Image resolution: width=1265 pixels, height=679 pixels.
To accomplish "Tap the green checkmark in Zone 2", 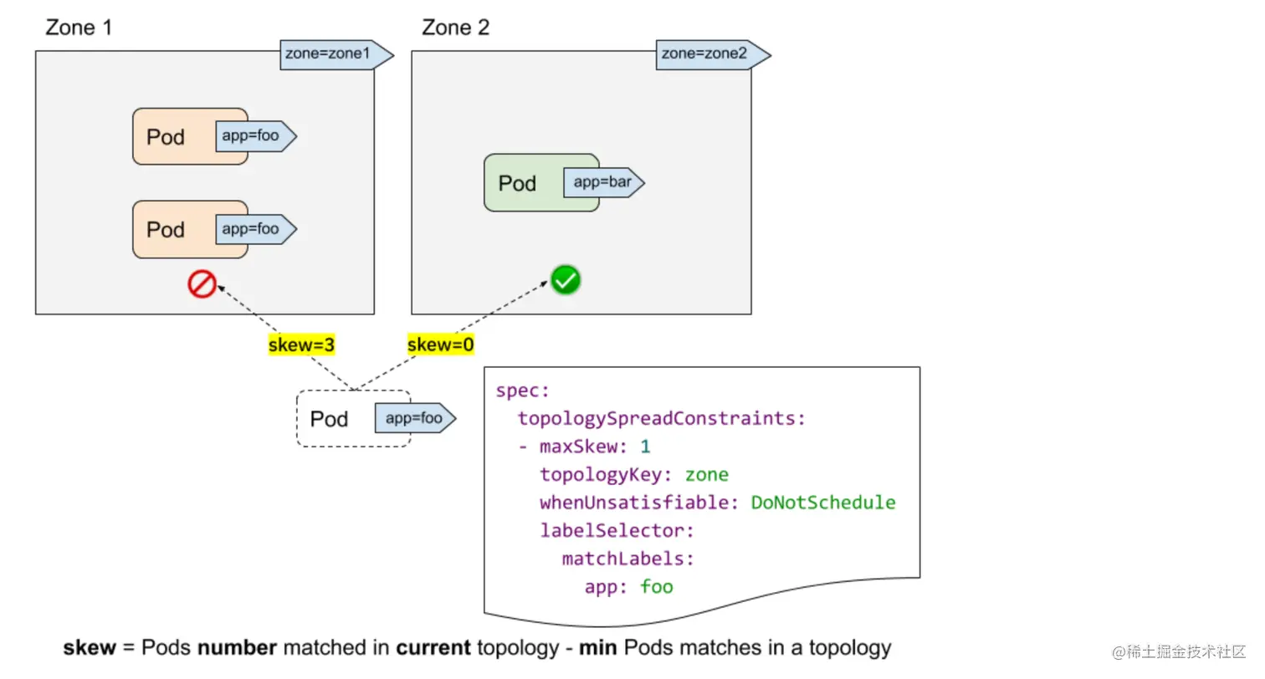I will [566, 281].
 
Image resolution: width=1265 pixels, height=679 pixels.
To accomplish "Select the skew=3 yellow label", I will [302, 345].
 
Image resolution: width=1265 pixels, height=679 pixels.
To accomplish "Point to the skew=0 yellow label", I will [441, 345].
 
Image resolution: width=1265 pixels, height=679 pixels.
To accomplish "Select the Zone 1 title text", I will [79, 28].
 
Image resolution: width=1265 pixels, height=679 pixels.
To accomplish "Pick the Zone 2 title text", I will [456, 28].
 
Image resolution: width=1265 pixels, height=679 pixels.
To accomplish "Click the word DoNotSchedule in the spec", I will [823, 503].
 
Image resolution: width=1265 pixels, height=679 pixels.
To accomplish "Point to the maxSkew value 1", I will [645, 447].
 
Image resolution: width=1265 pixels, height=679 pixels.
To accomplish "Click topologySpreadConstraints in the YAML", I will [662, 419].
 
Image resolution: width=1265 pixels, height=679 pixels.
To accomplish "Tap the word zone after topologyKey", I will [707, 475].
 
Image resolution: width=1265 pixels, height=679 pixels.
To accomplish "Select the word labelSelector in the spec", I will [617, 530].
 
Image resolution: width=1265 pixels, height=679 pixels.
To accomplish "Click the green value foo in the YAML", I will [657, 586].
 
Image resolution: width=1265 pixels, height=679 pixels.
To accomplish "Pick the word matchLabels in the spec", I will [628, 558].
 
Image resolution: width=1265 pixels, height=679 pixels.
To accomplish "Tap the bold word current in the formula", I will [433, 648].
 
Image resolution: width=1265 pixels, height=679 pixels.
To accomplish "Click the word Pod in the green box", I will [517, 183].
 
